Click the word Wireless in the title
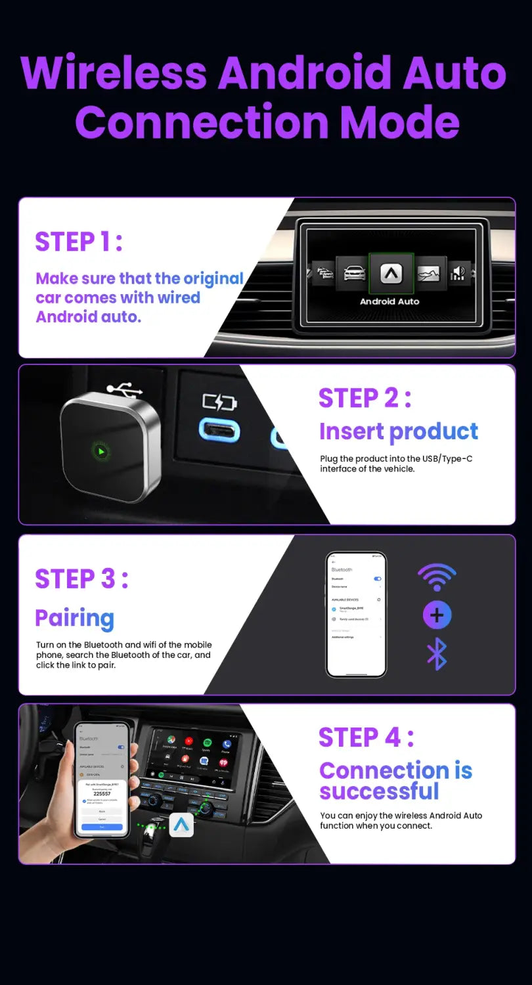pyautogui.click(x=114, y=74)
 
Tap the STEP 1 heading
pyautogui.click(x=78, y=242)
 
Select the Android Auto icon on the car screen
pyautogui.click(x=390, y=273)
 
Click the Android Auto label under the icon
pyautogui.click(x=389, y=301)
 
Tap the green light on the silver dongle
pyautogui.click(x=100, y=452)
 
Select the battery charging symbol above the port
pyautogui.click(x=219, y=402)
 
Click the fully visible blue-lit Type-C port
pyautogui.click(x=219, y=431)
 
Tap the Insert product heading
pyautogui.click(x=398, y=431)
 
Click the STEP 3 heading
pyautogui.click(x=81, y=579)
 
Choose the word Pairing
pyautogui.click(x=74, y=618)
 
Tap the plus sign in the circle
pyautogui.click(x=437, y=615)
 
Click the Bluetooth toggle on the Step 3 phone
pyautogui.click(x=377, y=579)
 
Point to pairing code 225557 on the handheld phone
pyautogui.click(x=102, y=793)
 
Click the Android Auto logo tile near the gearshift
pyautogui.click(x=181, y=825)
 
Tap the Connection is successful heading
pyautogui.click(x=395, y=781)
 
